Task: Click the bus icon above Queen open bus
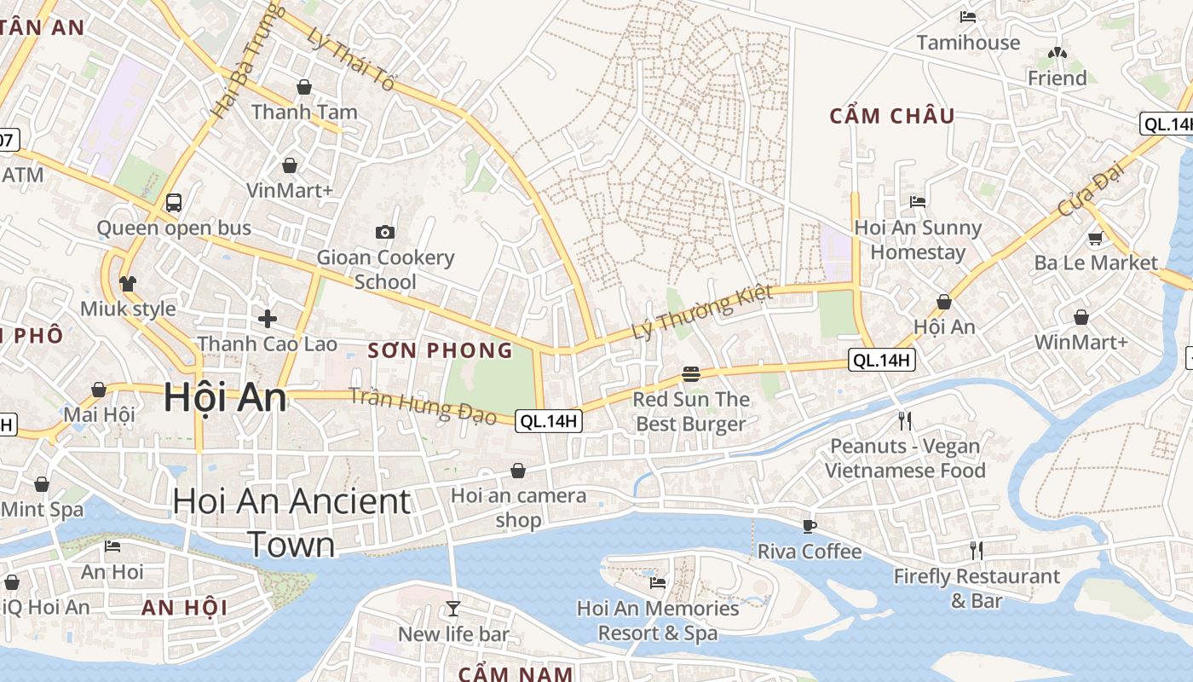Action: click(174, 203)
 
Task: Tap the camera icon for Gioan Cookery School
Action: click(385, 232)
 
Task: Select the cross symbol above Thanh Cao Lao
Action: click(268, 319)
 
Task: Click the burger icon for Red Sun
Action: click(691, 374)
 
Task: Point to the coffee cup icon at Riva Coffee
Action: click(810, 526)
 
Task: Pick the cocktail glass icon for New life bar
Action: click(453, 609)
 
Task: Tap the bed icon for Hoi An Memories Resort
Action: click(658, 583)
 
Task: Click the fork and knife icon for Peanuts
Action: click(905, 420)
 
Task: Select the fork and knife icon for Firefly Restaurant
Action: click(977, 551)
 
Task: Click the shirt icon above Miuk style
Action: click(128, 283)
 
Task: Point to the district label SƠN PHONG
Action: click(441, 350)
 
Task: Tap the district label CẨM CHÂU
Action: click(892, 116)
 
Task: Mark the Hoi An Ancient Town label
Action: click(291, 522)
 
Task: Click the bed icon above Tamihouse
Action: click(968, 17)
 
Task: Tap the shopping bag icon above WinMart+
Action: click(1081, 317)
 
